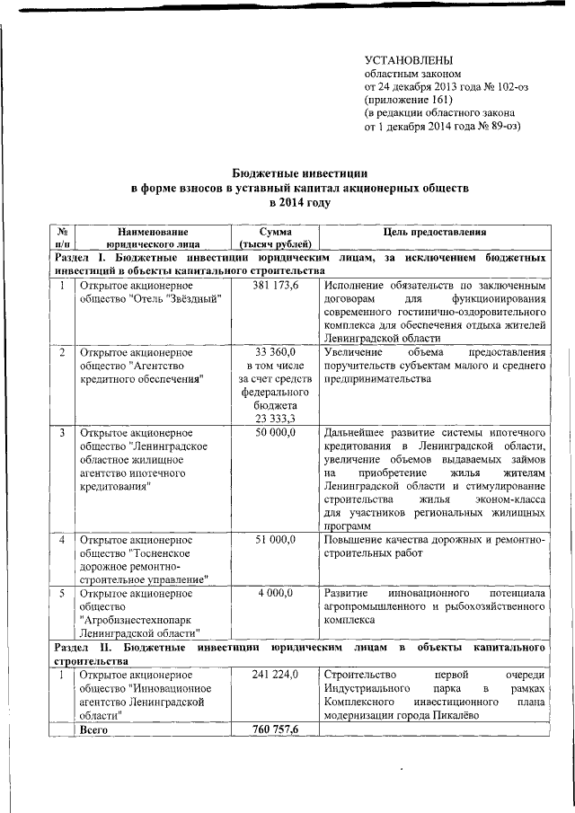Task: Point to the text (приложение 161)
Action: (x=405, y=100)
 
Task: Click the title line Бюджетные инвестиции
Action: (x=287, y=172)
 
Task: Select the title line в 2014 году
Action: (x=287, y=203)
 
